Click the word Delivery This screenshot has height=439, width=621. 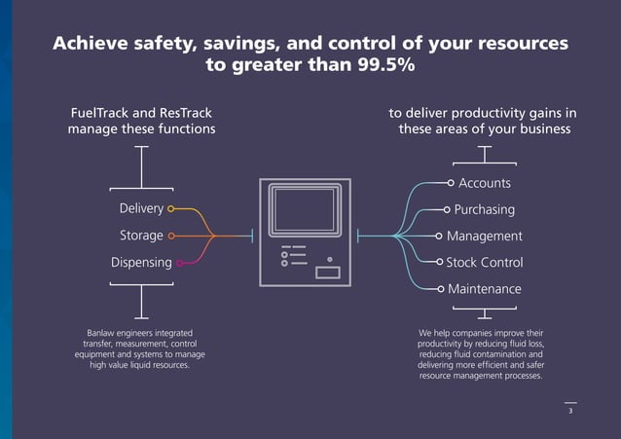point(141,208)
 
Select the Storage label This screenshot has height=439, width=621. point(141,236)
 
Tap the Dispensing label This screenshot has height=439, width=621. point(141,263)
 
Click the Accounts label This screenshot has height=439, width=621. point(485,183)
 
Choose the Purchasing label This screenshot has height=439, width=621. point(484,209)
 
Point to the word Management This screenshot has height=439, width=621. point(484,236)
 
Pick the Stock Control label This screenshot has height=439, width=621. point(484,263)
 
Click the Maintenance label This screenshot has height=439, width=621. point(484,289)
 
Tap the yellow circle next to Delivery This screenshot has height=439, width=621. point(171,208)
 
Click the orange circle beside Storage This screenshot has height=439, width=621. point(171,236)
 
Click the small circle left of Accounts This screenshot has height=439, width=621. point(451,182)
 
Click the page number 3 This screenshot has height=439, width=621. point(570,412)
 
